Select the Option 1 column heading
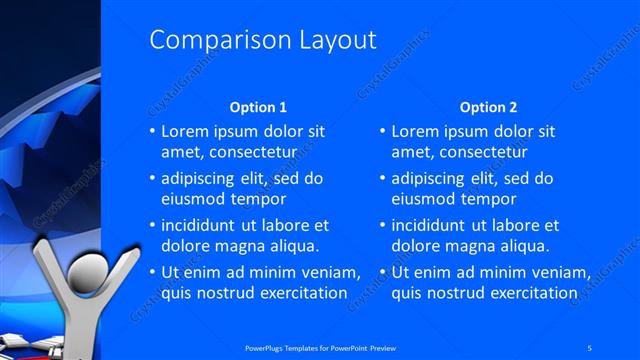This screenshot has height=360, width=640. coord(258,107)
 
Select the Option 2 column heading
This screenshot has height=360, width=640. coord(489,107)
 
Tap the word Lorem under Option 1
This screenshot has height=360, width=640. coord(184,131)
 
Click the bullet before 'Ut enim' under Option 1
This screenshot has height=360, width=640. coord(152,273)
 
